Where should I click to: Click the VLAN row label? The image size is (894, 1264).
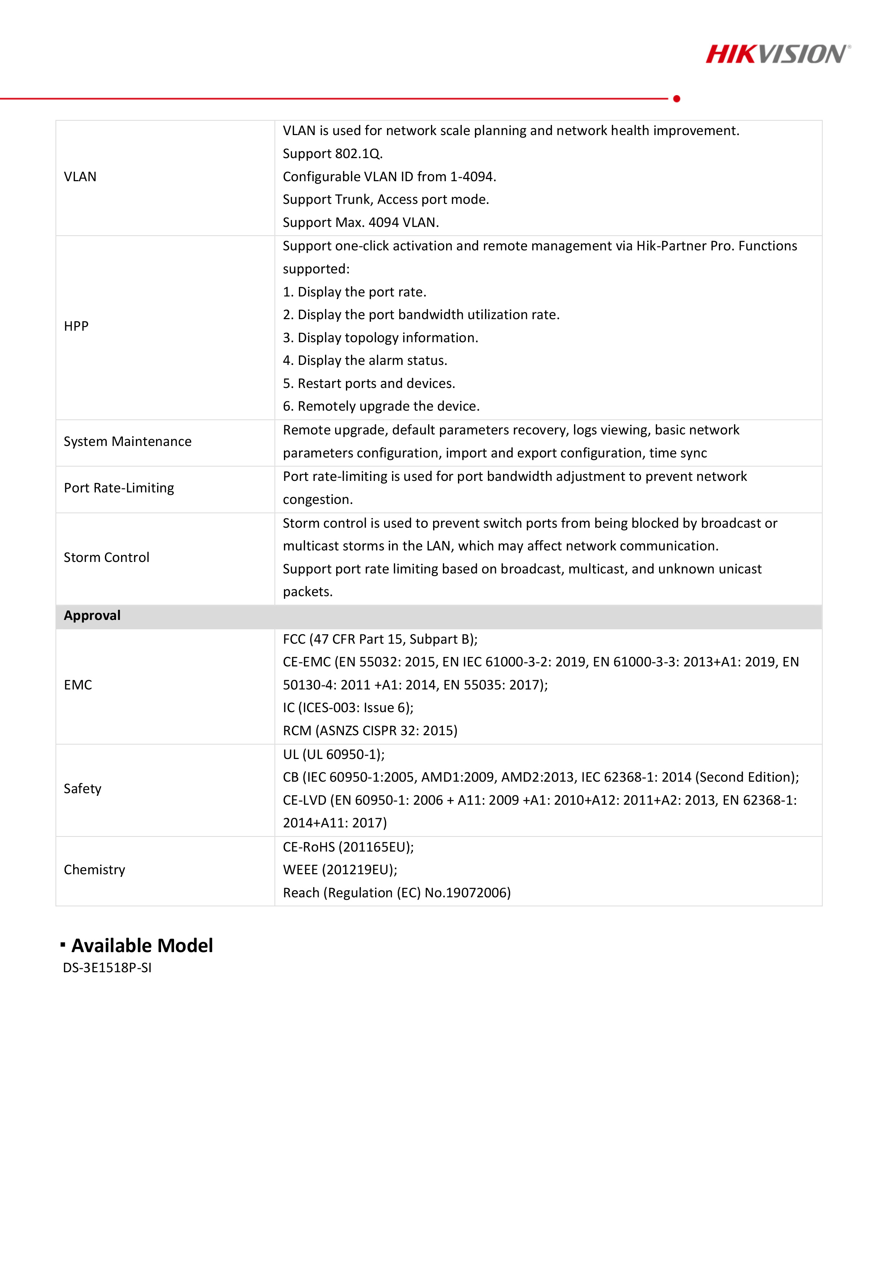coord(80,177)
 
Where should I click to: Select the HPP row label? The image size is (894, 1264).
coord(76,326)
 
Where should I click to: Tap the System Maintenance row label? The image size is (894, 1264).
coord(127,442)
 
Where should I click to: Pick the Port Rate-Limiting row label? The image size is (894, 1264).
coord(119,488)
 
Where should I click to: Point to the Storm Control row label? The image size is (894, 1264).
coord(106,558)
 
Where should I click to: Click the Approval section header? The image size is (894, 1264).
coord(92,616)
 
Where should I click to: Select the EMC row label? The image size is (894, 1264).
coord(78,685)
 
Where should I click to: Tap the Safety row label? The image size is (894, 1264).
coord(82,789)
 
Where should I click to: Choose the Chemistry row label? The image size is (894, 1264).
coord(94,870)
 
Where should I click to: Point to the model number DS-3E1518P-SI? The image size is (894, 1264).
coord(107,968)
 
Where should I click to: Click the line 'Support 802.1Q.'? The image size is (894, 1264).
coord(332,153)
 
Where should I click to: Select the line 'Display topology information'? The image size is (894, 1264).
coord(380,338)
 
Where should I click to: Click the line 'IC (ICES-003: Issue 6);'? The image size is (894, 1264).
coord(348,708)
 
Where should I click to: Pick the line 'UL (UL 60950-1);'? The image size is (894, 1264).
coord(333,754)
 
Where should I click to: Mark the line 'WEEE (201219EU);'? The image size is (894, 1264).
coord(340,870)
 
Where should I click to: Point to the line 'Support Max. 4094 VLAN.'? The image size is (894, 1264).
coord(360,222)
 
